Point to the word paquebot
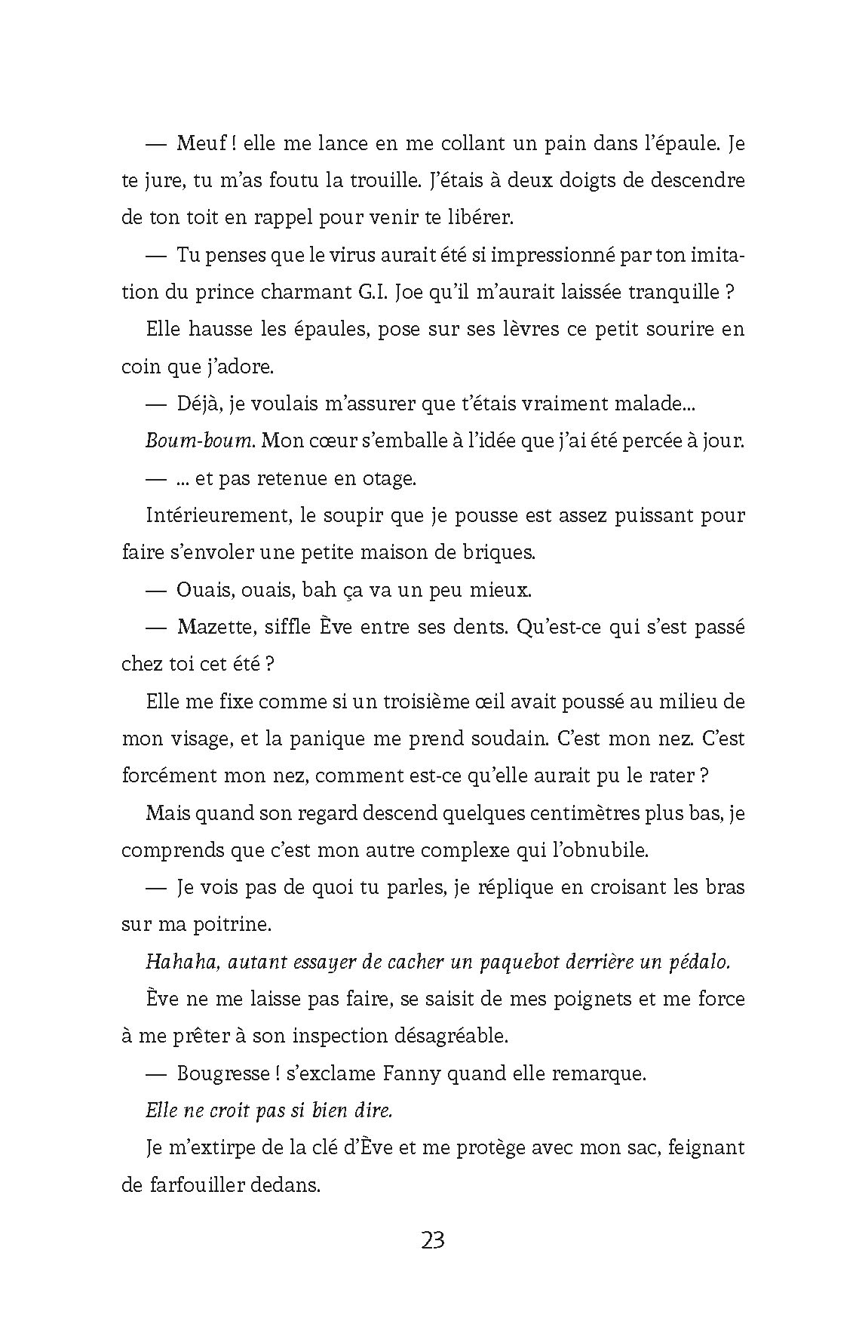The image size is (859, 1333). (x=514, y=962)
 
